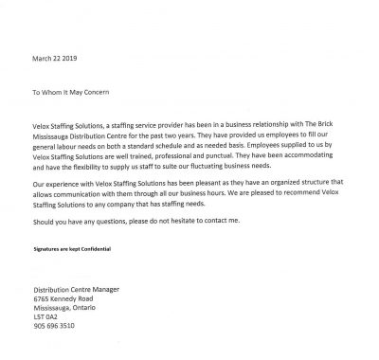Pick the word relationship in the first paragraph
click(244, 127)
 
